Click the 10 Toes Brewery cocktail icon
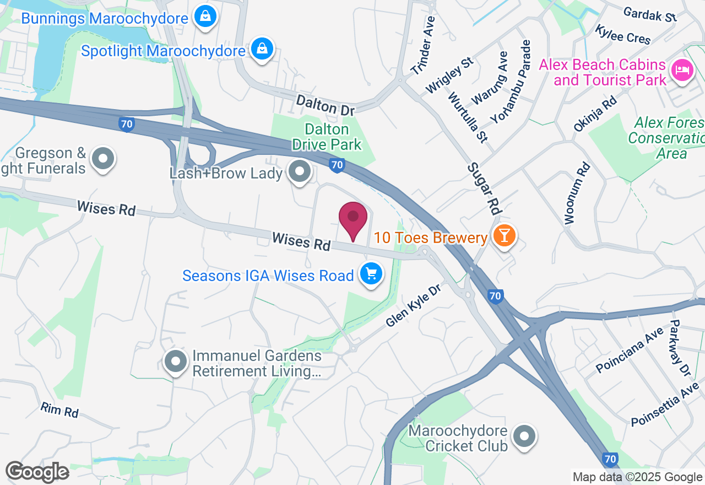click(503, 235)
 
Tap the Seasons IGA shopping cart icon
click(371, 273)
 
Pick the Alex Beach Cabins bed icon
click(682, 70)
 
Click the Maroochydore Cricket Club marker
click(524, 436)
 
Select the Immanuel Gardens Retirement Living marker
click(176, 362)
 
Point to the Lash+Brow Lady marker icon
click(300, 171)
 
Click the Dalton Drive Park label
click(327, 137)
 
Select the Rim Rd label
click(59, 409)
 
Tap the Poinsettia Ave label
click(665, 406)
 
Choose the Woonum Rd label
click(577, 193)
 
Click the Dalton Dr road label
click(325, 105)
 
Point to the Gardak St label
click(650, 15)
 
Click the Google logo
click(37, 472)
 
